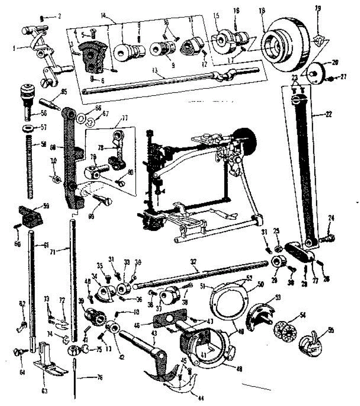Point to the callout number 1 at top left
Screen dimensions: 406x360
(x=14, y=48)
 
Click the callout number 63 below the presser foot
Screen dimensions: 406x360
(x=44, y=391)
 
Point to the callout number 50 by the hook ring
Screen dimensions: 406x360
(x=261, y=285)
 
